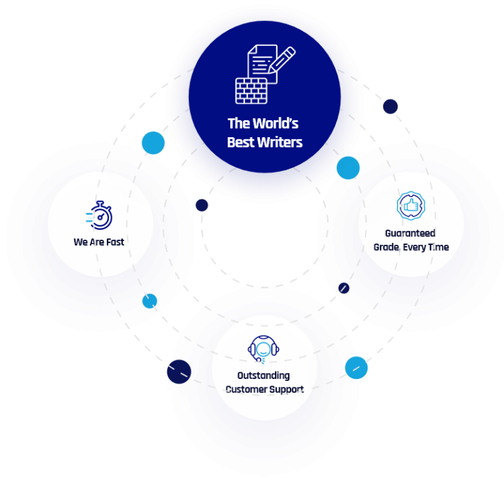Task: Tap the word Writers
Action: click(279, 142)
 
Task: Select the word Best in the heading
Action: click(240, 142)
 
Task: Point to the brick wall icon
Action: click(251, 90)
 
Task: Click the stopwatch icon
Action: click(100, 215)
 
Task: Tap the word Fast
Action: click(115, 242)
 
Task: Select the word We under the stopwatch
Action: click(81, 242)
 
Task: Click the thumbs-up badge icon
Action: click(411, 206)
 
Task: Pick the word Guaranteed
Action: click(410, 233)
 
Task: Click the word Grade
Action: click(387, 247)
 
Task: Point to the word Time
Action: click(438, 247)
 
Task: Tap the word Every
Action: click(416, 247)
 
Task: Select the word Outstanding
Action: click(263, 376)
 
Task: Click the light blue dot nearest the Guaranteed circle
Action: click(348, 168)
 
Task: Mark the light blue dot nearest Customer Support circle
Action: click(356, 368)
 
